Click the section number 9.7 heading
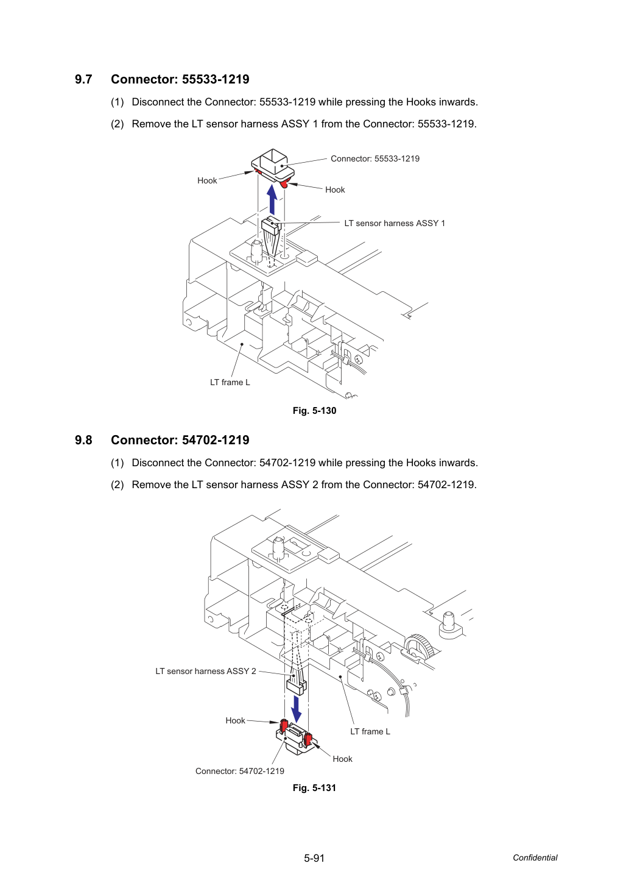tap(83, 79)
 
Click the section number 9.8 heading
tap(83, 440)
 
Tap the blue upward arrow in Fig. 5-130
tap(272, 199)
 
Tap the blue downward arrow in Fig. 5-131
tap(296, 709)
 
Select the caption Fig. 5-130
tap(314, 411)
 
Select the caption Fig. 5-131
tap(314, 787)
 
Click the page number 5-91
tap(314, 858)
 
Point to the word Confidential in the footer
tap(535, 857)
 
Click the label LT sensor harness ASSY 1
tap(395, 223)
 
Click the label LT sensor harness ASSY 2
tap(206, 671)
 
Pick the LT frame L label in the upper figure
tap(230, 382)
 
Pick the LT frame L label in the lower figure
tap(370, 731)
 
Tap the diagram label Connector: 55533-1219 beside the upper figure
tap(375, 158)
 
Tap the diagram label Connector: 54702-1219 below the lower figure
tap(239, 771)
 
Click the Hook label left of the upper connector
tap(207, 180)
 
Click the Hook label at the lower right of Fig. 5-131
tap(343, 759)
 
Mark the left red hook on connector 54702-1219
tap(283, 725)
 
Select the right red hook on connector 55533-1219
tap(284, 183)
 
